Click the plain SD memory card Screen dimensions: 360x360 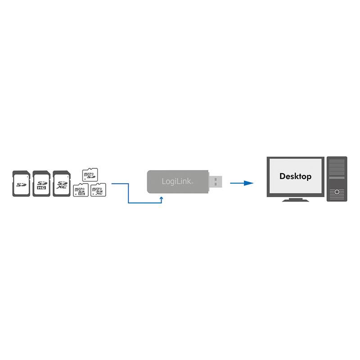21,184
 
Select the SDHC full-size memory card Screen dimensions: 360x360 41,183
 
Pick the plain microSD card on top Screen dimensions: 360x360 90,174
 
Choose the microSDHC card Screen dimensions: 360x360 81,190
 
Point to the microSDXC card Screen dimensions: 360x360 98,190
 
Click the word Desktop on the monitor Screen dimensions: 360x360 295,176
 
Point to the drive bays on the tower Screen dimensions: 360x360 337,168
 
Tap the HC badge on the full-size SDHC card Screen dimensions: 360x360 41,190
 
